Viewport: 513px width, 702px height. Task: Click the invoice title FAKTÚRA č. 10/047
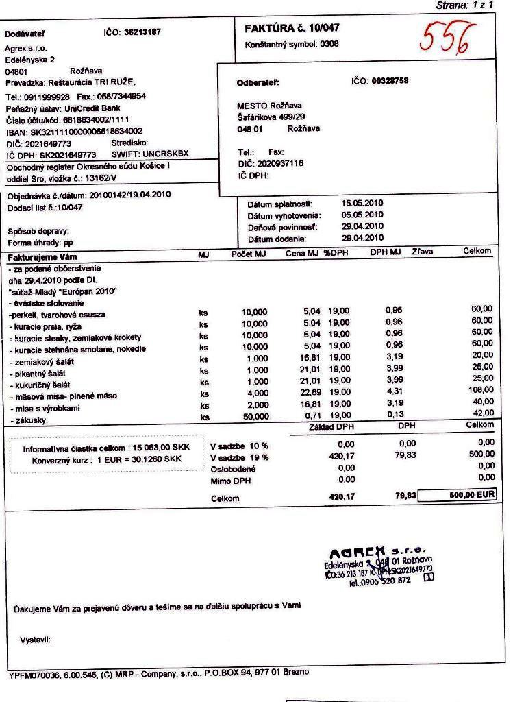click(292, 28)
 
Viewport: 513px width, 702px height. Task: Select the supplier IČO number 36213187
click(142, 32)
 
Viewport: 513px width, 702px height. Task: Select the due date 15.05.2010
click(362, 204)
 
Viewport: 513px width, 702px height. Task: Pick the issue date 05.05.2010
click(362, 215)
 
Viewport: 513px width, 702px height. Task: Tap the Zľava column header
click(422, 252)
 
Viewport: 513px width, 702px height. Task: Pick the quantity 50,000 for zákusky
click(255, 416)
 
